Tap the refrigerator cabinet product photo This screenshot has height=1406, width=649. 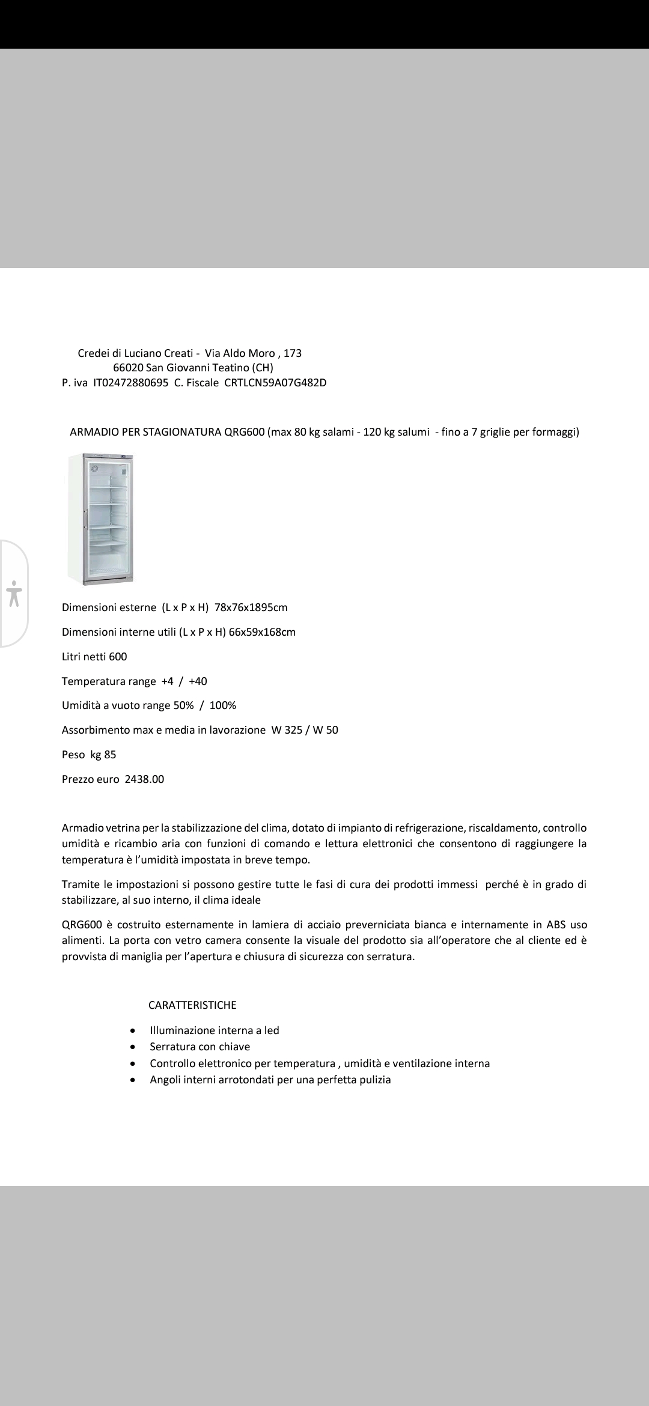pos(101,518)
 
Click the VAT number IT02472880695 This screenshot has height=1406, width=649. pos(130,383)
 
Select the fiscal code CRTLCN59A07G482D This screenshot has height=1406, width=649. pos(275,383)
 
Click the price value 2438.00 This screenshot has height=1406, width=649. pos(144,779)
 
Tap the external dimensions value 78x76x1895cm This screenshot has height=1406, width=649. pos(251,607)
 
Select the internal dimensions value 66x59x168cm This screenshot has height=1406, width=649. pos(262,632)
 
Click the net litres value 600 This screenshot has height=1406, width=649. pos(118,657)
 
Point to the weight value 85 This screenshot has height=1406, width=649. pos(110,755)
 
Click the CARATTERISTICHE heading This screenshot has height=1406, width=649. pos(192,1005)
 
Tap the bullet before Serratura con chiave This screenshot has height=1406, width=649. pos(133,1047)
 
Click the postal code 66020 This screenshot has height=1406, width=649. pos(127,368)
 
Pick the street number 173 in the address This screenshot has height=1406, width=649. pos(293,353)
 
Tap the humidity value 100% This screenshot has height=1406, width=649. pos(223,705)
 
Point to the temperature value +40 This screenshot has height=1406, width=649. pos(198,681)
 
